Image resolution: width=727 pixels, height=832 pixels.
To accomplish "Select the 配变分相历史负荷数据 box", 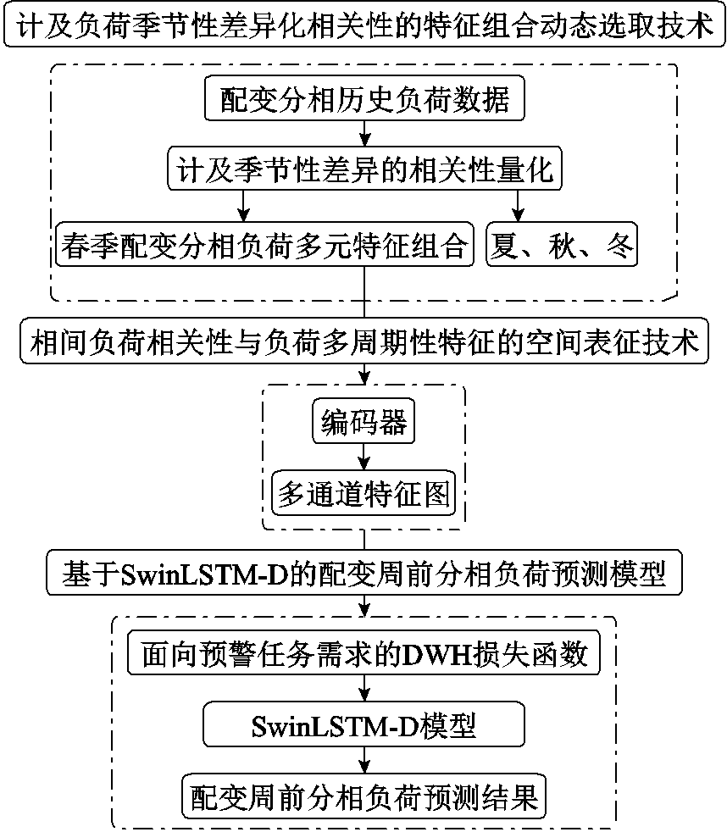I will (364, 102).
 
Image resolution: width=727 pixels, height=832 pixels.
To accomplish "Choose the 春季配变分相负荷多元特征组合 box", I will (264, 247).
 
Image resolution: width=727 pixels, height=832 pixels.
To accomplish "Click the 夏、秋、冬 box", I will (560, 247).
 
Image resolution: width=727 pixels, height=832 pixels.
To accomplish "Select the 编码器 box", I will (364, 422).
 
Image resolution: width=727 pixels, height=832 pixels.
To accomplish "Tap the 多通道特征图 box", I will (364, 492).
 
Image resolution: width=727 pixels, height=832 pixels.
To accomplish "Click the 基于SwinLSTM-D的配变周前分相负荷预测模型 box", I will (363, 577).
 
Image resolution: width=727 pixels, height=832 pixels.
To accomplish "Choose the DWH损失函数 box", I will (363, 654).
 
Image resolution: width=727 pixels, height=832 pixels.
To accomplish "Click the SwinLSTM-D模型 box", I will (364, 725).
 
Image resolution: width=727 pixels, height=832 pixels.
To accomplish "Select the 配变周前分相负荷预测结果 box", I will (364, 796).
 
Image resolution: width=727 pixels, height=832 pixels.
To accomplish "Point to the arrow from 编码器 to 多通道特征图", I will (364, 458).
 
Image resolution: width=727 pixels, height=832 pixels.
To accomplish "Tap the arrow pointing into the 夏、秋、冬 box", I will (518, 208).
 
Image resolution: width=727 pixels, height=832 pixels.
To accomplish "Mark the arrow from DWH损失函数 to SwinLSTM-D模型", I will (364, 690).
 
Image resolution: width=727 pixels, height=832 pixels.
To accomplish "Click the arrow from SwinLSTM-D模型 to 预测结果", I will (364, 761).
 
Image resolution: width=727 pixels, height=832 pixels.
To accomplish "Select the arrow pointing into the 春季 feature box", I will (245, 208).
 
